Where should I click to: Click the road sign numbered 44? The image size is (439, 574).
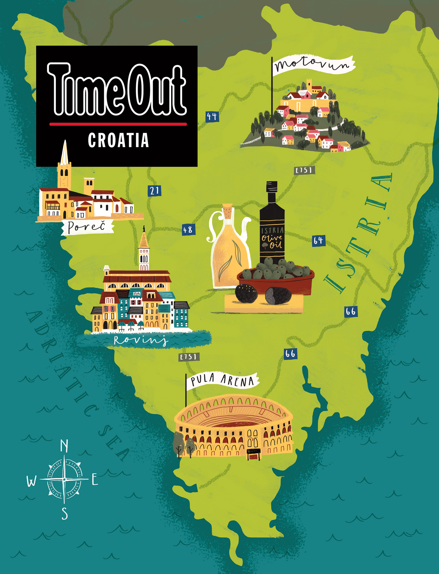(x=212, y=116)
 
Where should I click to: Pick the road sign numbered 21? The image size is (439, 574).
(x=154, y=191)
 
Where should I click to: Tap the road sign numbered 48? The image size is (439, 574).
(x=188, y=230)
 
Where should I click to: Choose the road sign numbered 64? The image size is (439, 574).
(x=319, y=240)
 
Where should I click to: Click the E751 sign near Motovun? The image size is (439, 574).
(x=304, y=170)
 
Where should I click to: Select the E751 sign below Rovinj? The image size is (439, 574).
(x=189, y=356)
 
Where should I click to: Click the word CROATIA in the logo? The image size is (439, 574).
(x=118, y=141)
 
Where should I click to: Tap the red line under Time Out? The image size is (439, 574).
(x=118, y=124)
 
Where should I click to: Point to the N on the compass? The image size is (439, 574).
(x=64, y=446)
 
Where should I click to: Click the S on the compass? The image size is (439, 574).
(x=64, y=513)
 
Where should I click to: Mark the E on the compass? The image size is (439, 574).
(x=95, y=479)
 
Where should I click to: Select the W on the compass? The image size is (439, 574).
(x=31, y=481)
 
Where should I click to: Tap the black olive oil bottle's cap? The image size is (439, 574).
(x=272, y=187)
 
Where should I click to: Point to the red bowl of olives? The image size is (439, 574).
(x=276, y=280)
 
